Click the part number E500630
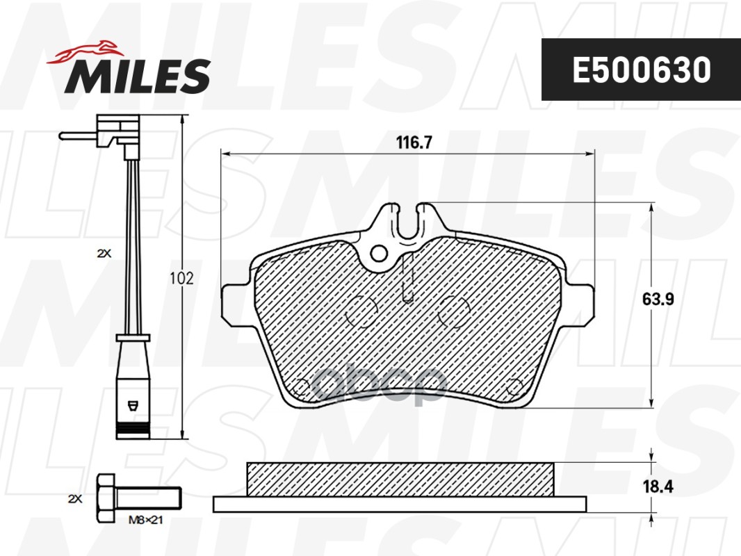pyautogui.click(x=641, y=70)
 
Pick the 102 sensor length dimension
pyautogui.click(x=181, y=278)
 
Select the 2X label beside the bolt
pyautogui.click(x=75, y=499)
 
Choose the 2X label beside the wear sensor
pyautogui.click(x=104, y=254)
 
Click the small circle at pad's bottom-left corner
pyautogui.click(x=302, y=386)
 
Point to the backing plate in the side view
pyautogui.click(x=400, y=504)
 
